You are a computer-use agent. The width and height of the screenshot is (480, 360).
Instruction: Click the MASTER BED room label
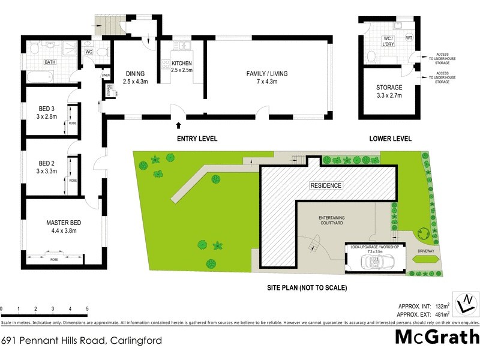[64, 224]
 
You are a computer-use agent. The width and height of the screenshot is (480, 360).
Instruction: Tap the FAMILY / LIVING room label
[267, 74]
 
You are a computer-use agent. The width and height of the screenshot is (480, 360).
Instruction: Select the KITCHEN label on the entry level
[181, 63]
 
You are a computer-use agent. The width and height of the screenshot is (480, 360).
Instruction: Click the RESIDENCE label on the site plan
[326, 185]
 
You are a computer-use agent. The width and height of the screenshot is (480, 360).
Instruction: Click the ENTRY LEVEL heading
[197, 139]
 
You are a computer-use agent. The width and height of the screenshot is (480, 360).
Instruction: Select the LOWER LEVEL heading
[391, 139]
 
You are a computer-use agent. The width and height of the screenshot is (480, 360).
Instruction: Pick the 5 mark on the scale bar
[88, 309]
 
